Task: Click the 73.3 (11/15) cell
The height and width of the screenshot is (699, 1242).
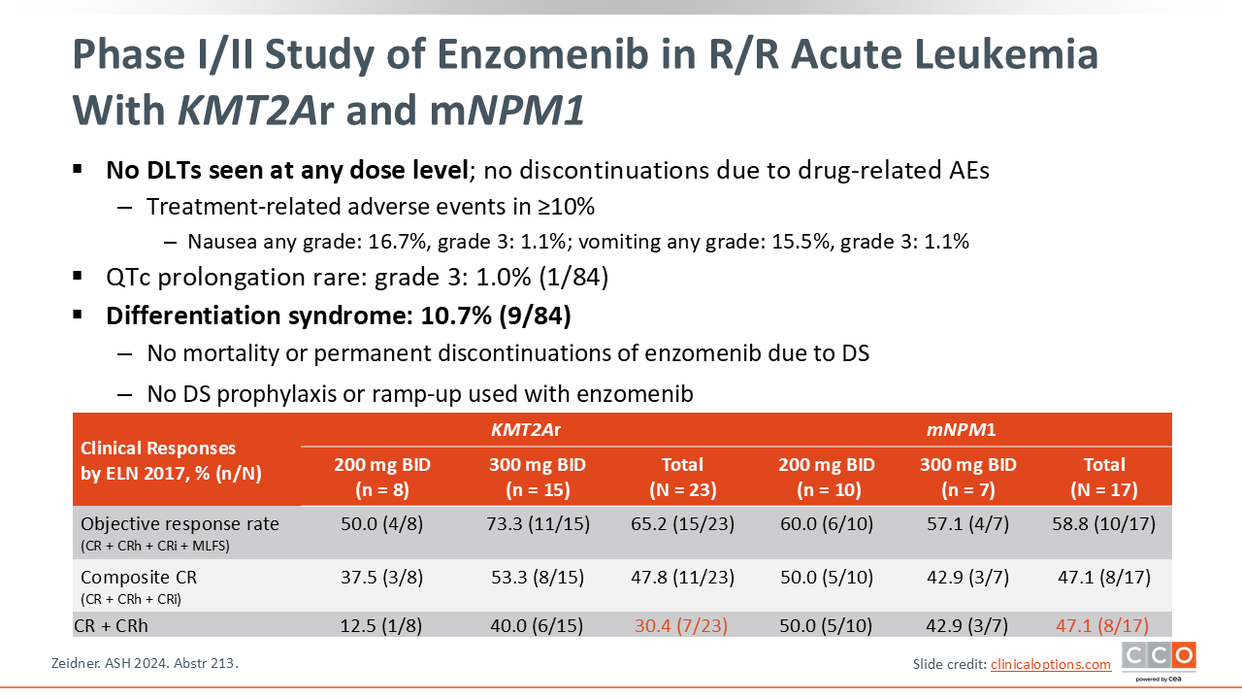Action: (x=538, y=524)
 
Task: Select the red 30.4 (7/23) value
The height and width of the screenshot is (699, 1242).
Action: (x=682, y=626)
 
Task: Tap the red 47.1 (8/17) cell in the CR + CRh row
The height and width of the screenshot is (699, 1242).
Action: (x=1104, y=626)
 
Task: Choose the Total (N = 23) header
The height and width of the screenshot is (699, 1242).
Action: (x=682, y=477)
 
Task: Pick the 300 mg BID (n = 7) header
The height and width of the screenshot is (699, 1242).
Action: (x=967, y=477)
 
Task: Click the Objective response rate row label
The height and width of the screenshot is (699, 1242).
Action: (x=180, y=524)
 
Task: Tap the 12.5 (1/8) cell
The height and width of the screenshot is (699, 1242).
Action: (x=381, y=626)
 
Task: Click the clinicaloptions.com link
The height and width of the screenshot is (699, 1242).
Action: (x=1050, y=664)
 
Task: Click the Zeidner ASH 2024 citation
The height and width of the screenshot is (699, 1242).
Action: (x=144, y=664)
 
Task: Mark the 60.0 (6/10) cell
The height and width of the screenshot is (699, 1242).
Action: (x=826, y=524)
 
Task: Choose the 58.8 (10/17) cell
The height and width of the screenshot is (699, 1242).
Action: (x=1104, y=524)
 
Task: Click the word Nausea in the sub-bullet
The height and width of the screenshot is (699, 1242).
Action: (x=220, y=242)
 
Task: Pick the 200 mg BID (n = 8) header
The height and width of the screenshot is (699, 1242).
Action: (x=381, y=477)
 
